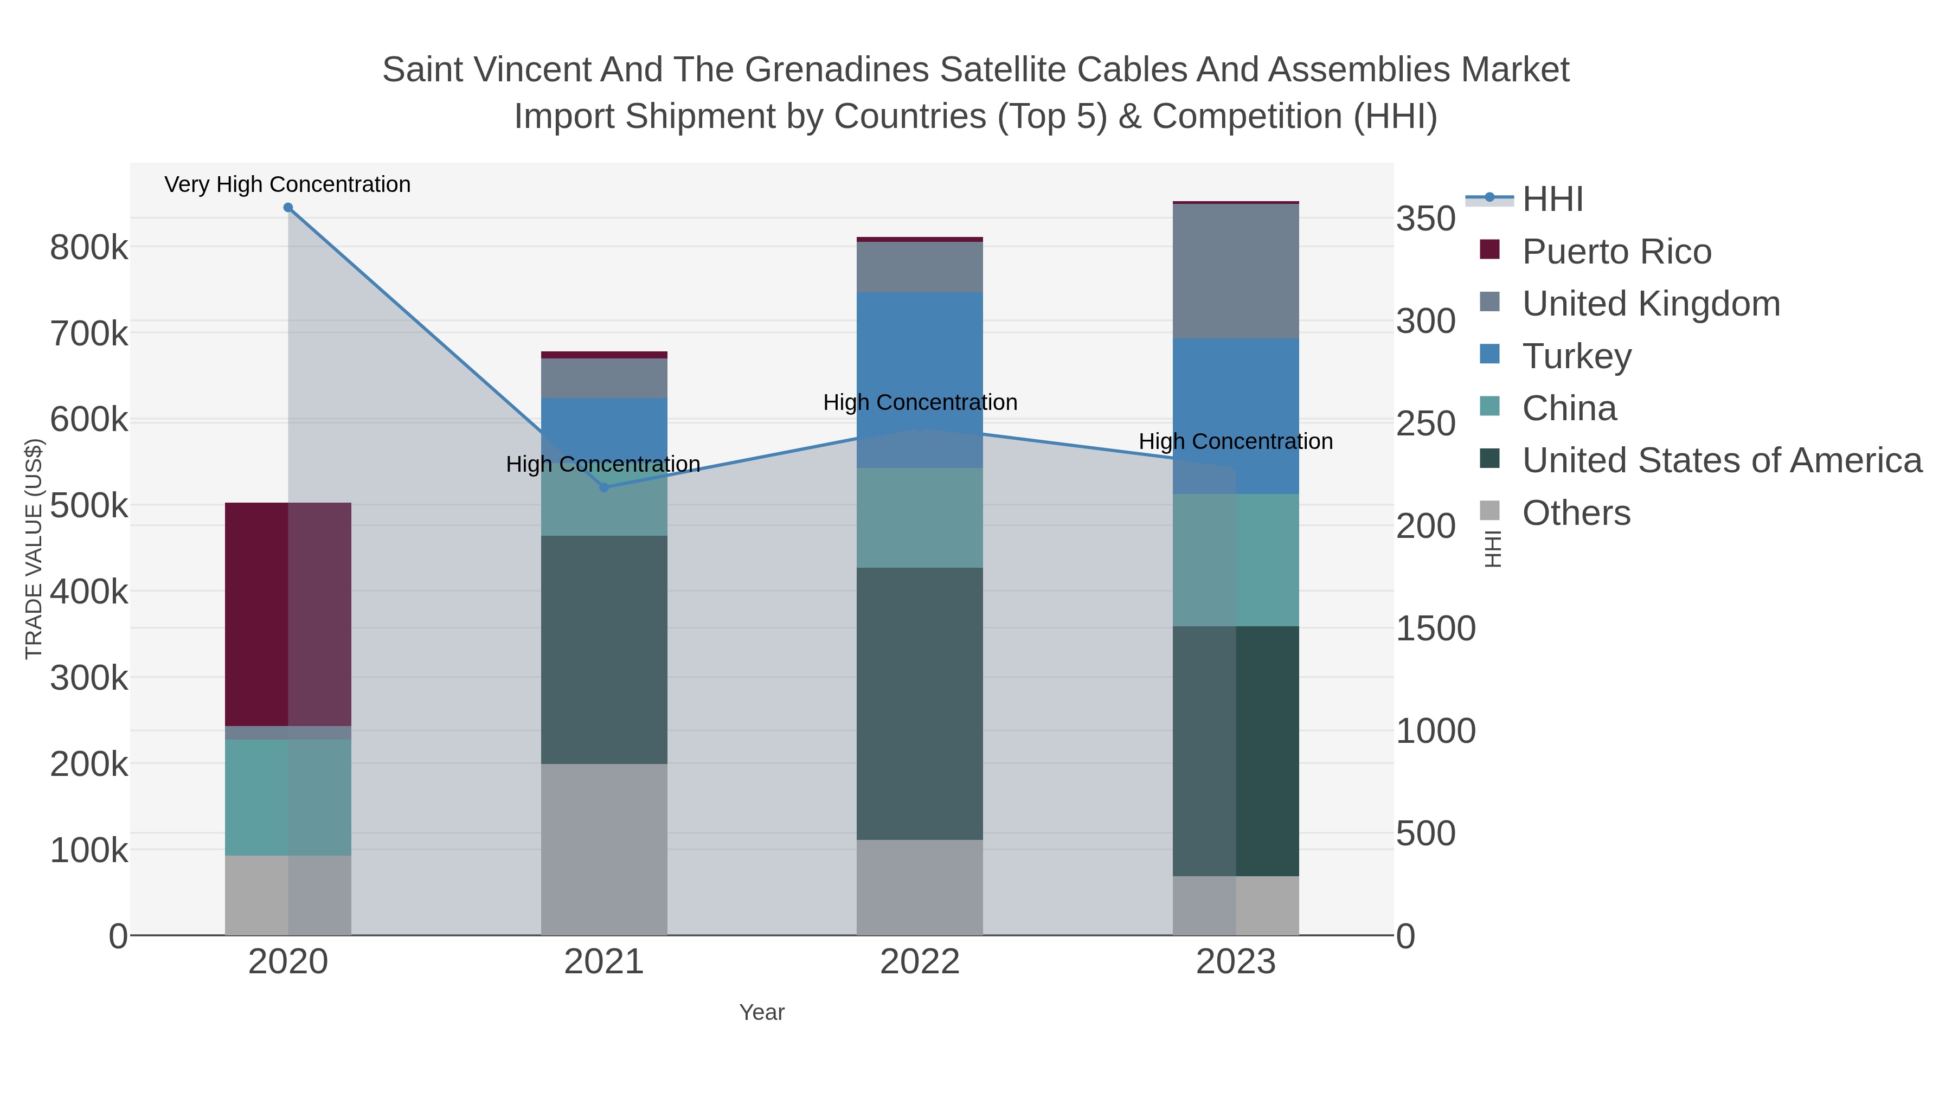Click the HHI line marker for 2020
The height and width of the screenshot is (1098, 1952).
point(288,208)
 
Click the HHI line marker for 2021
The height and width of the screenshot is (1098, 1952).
point(604,487)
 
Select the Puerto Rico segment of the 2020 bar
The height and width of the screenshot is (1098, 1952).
point(288,614)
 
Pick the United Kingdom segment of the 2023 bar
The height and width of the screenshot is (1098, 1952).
point(1235,271)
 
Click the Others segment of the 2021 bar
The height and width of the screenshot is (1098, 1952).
point(604,849)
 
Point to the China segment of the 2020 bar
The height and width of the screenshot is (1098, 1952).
point(288,797)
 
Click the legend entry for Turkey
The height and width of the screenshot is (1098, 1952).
point(1576,356)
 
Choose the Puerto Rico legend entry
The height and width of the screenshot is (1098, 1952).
point(1616,252)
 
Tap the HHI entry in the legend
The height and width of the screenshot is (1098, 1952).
point(1552,200)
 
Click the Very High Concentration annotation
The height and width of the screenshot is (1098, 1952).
point(287,184)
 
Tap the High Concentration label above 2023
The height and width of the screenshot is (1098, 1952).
point(1235,441)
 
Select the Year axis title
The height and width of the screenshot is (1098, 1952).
point(762,1012)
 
